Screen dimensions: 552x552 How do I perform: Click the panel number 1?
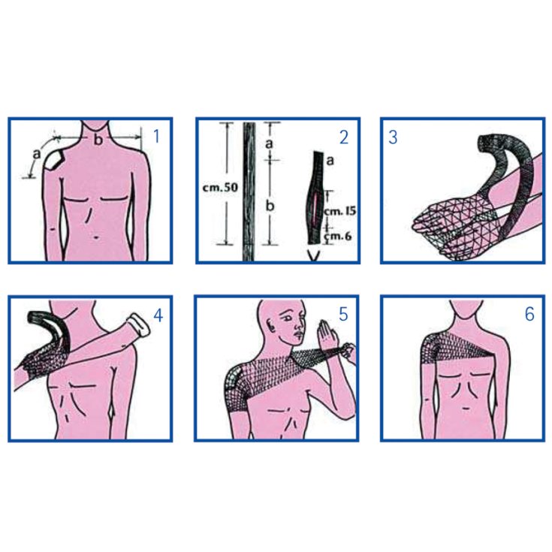157,136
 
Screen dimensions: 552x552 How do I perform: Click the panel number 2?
344,137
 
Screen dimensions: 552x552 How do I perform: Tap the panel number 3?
393,137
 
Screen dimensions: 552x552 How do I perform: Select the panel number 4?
158,315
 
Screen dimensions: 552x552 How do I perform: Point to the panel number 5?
343,314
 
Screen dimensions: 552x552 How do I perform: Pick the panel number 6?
529,314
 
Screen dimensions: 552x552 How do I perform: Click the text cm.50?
220,187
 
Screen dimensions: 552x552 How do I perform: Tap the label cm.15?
339,211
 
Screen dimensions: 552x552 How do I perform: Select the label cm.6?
338,236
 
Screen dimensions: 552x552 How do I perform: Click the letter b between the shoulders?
98,140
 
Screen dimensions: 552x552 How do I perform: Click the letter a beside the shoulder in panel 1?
37,154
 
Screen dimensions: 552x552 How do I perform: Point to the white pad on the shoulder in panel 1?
54,160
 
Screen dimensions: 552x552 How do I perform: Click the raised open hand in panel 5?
326,334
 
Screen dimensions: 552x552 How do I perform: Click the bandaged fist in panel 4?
139,324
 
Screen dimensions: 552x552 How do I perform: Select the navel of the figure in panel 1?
96,237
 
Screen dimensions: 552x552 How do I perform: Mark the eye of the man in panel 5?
288,316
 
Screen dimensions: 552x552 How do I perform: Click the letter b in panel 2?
270,205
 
